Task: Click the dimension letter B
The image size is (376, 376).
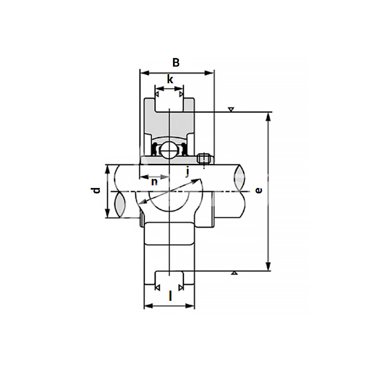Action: click(x=176, y=63)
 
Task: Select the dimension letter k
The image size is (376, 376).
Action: click(x=170, y=79)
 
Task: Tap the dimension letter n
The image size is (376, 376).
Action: click(x=154, y=182)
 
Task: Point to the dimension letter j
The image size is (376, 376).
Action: click(x=187, y=172)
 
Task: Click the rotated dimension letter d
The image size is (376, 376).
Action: click(x=96, y=190)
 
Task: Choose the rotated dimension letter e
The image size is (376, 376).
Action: click(x=259, y=190)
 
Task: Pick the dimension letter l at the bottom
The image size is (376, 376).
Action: click(x=170, y=296)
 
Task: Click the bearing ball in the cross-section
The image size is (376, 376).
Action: click(x=168, y=150)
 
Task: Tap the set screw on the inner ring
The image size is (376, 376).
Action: click(x=204, y=158)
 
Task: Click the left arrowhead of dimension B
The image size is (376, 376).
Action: click(x=144, y=73)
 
